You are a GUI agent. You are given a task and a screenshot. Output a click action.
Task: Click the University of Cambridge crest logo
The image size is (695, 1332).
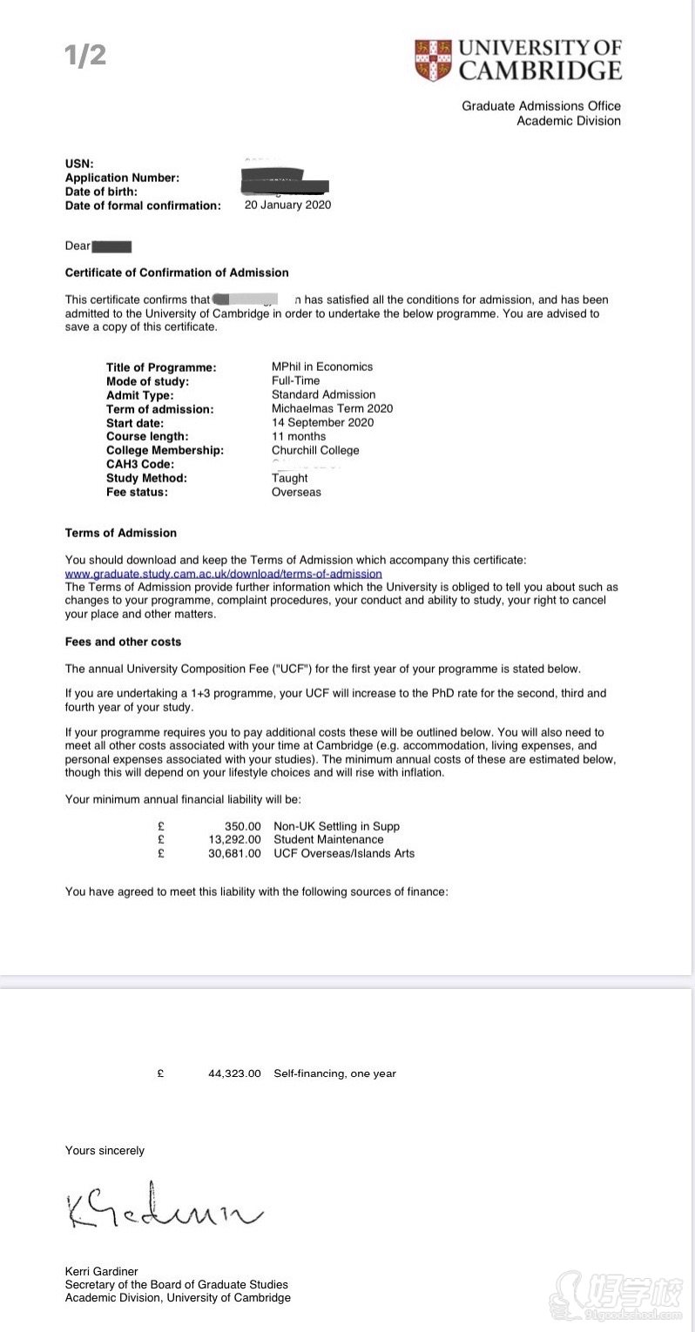[433, 60]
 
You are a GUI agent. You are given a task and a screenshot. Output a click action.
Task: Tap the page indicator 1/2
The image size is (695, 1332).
[85, 56]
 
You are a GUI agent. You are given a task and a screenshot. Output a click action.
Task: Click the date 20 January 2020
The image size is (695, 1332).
[287, 205]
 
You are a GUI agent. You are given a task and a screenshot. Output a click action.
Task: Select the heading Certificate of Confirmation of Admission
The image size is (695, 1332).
[177, 272]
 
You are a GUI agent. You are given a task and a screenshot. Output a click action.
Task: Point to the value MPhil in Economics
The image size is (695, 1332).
[322, 367]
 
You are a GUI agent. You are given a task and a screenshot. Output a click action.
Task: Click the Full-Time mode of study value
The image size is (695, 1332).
[295, 380]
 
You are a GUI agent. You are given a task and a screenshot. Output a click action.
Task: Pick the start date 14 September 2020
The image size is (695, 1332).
[322, 422]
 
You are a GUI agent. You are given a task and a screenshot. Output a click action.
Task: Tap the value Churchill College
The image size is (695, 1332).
[315, 450]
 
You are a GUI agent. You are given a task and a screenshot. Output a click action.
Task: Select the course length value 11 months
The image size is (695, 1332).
[299, 436]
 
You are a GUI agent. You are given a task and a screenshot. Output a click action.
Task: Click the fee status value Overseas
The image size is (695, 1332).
[296, 492]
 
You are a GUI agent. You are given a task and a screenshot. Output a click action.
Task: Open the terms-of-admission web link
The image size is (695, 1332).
[223, 574]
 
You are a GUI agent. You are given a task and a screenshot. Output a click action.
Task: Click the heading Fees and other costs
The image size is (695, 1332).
[123, 642]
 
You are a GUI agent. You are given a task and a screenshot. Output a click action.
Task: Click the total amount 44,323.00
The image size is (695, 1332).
[234, 1073]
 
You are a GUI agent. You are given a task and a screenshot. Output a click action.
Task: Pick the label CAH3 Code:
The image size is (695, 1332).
[140, 464]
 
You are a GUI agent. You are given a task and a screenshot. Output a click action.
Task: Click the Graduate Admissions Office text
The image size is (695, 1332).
[541, 106]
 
